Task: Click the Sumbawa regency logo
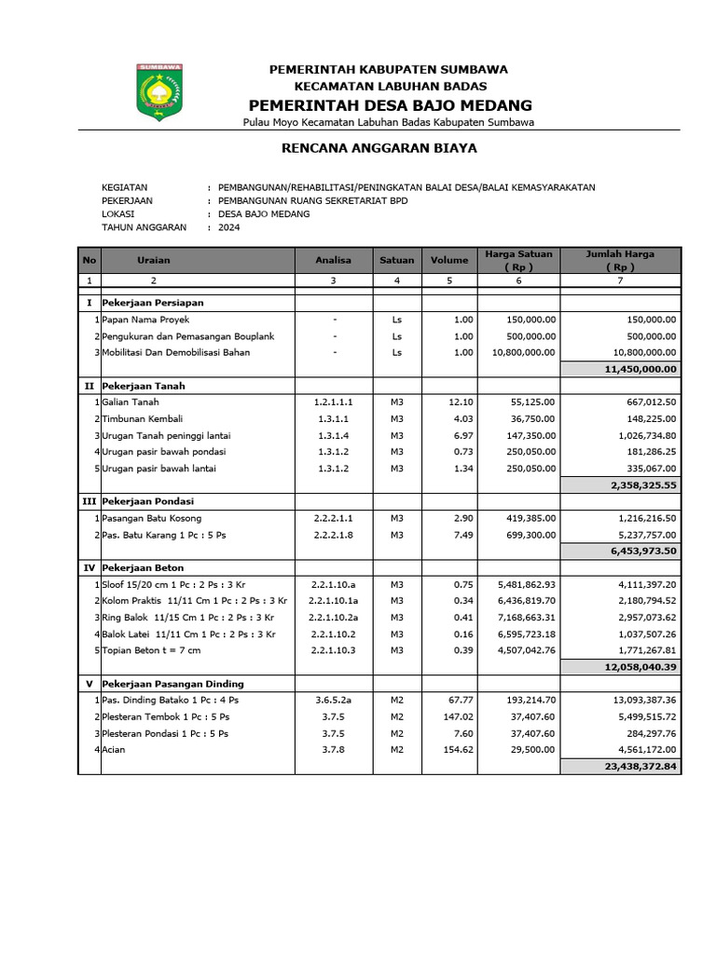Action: (160, 92)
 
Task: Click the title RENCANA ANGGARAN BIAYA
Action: (379, 147)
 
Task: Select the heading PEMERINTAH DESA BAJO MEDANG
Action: (389, 104)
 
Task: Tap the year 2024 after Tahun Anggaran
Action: (228, 226)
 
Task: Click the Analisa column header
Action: (333, 260)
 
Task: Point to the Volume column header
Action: (448, 260)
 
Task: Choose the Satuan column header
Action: (396, 260)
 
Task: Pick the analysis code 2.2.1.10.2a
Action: (334, 617)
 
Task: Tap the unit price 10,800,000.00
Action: (518, 352)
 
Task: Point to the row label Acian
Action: (115, 749)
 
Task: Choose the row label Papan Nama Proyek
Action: (145, 320)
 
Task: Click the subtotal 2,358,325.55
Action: (643, 484)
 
